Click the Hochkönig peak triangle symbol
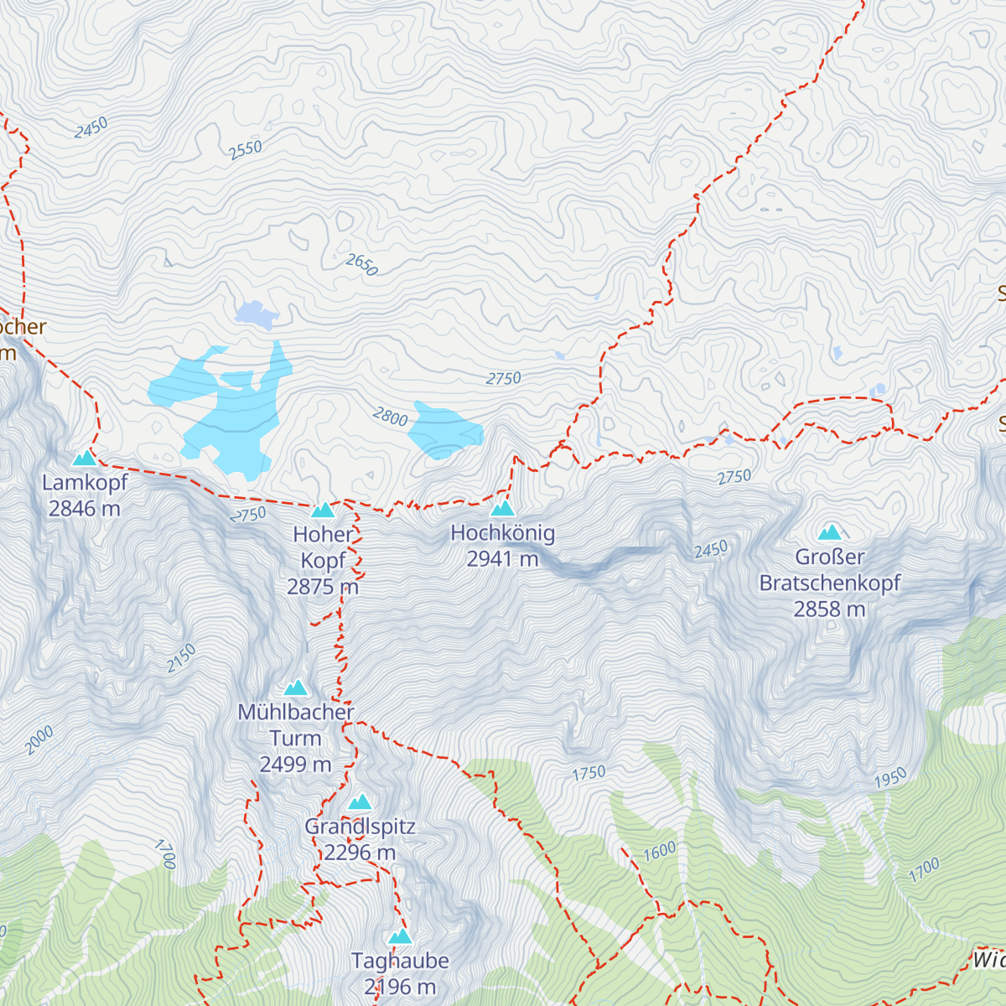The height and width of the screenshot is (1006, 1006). pyautogui.click(x=501, y=508)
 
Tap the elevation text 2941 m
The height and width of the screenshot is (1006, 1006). pyautogui.click(x=502, y=558)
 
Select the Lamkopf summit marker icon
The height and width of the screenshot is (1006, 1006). pyautogui.click(x=84, y=458)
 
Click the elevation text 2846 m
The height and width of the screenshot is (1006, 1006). pyautogui.click(x=84, y=508)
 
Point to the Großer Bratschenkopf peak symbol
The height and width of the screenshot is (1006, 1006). pyautogui.click(x=830, y=532)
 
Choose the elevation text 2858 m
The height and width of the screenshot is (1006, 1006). pyautogui.click(x=829, y=609)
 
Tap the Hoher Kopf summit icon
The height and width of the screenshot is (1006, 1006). pyautogui.click(x=323, y=510)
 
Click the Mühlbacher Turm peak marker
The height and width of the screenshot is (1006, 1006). pyautogui.click(x=295, y=687)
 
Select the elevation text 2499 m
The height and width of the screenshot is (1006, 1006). pyautogui.click(x=295, y=764)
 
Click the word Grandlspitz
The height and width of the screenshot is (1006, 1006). pyautogui.click(x=360, y=826)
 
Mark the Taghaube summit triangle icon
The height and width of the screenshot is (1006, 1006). pyautogui.click(x=401, y=936)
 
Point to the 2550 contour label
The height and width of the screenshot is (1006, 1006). pyautogui.click(x=246, y=150)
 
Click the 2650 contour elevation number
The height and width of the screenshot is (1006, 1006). pyautogui.click(x=362, y=264)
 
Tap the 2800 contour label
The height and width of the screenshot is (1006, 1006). pyautogui.click(x=390, y=416)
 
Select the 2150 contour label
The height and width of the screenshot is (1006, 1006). pyautogui.click(x=181, y=658)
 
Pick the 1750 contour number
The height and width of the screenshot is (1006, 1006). pyautogui.click(x=589, y=773)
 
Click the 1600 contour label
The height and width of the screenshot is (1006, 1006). pyautogui.click(x=659, y=851)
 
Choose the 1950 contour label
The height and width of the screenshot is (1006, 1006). pyautogui.click(x=890, y=778)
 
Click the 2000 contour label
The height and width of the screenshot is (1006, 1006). pyautogui.click(x=39, y=739)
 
